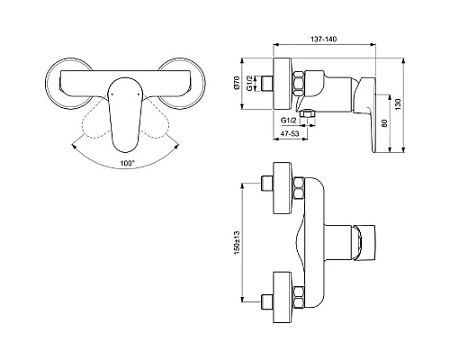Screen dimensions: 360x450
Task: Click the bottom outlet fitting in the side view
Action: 310,113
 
